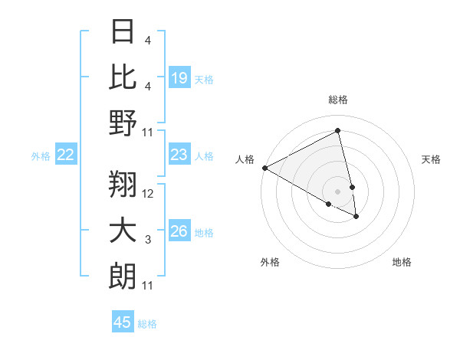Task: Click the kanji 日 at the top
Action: point(123,31)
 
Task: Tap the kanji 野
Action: point(123,123)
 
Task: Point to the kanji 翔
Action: point(123,185)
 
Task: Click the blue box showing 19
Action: point(179,78)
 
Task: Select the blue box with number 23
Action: point(179,155)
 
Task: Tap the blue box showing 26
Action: point(179,232)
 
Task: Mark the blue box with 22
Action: point(66,155)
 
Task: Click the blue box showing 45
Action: point(123,322)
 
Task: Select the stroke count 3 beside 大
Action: point(148,240)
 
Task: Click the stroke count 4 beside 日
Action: point(148,40)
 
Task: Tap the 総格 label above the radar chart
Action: point(337,100)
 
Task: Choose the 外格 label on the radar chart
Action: point(270,262)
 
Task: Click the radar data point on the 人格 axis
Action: point(264,168)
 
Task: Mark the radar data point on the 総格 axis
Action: point(337,131)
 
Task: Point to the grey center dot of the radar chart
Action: point(337,191)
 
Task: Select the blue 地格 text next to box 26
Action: point(204,233)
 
